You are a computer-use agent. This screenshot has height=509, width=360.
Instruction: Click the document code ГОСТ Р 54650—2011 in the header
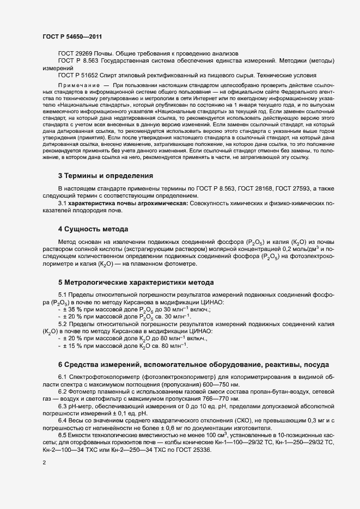tap(71, 36)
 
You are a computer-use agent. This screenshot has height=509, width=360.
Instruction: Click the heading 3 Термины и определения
tap(105, 176)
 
